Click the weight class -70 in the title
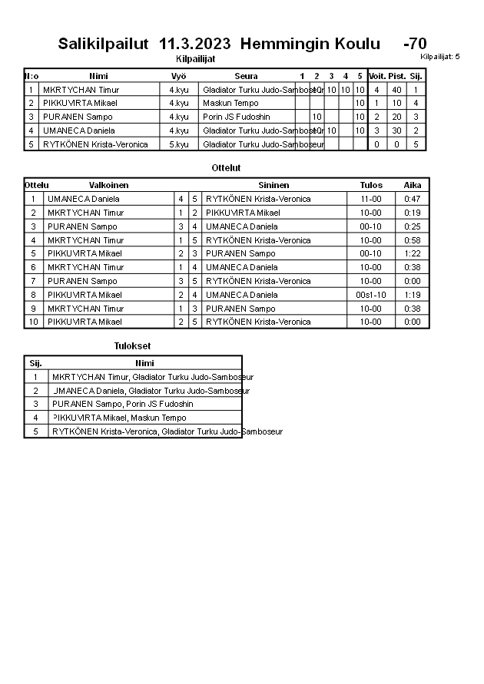415,45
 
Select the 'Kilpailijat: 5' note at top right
440,57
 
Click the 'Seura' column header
246,76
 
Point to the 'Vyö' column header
178,76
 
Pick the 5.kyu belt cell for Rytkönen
178,144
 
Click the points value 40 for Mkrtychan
396,90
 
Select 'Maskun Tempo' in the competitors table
230,103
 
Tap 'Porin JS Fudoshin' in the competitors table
237,117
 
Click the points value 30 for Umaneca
396,131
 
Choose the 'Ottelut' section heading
227,167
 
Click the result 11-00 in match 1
371,199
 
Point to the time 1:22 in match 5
413,253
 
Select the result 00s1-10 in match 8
371,295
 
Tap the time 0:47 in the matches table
413,199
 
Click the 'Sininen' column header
273,185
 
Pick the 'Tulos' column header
371,185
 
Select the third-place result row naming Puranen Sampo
122,404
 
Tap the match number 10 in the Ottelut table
33,322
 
